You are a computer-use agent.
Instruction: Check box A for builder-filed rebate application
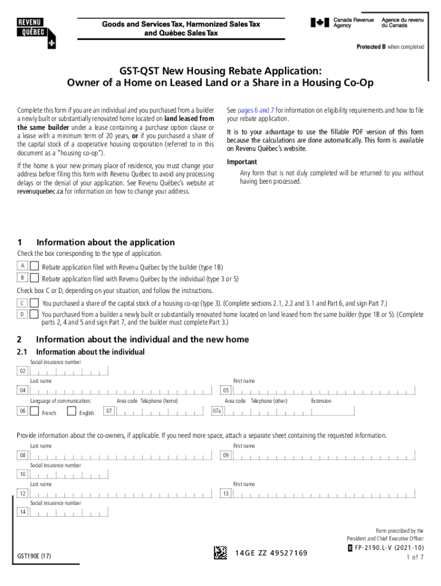[35, 267]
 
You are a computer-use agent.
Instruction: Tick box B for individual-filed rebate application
[35, 278]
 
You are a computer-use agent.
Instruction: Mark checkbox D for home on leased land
[35, 314]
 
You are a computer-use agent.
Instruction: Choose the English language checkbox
[72, 411]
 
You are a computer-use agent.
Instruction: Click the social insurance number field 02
[69, 372]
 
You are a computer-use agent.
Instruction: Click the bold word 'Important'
[241, 161]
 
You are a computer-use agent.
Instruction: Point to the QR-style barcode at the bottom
[220, 552]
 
